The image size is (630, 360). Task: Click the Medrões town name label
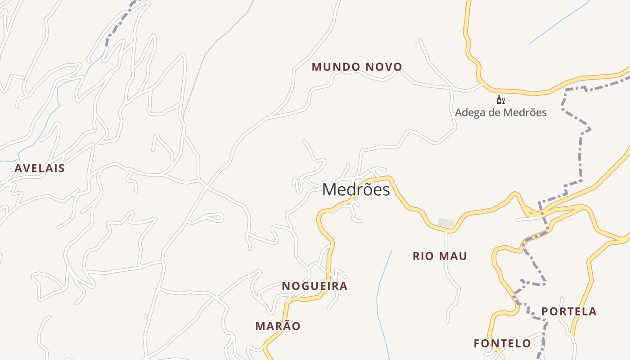(x=356, y=190)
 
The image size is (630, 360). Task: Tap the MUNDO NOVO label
(x=357, y=67)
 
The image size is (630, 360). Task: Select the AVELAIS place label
(x=40, y=168)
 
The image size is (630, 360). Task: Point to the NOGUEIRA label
(x=315, y=286)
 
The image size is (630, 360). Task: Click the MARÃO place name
(x=278, y=326)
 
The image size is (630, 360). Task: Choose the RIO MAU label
(x=440, y=256)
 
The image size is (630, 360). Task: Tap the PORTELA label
(x=569, y=311)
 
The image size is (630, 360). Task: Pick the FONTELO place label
(x=502, y=344)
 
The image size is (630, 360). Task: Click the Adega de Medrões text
(x=500, y=112)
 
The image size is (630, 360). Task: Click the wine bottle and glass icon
(x=500, y=100)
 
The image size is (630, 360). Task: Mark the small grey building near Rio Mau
(x=446, y=222)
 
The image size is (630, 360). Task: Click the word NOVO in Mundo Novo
(x=383, y=67)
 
